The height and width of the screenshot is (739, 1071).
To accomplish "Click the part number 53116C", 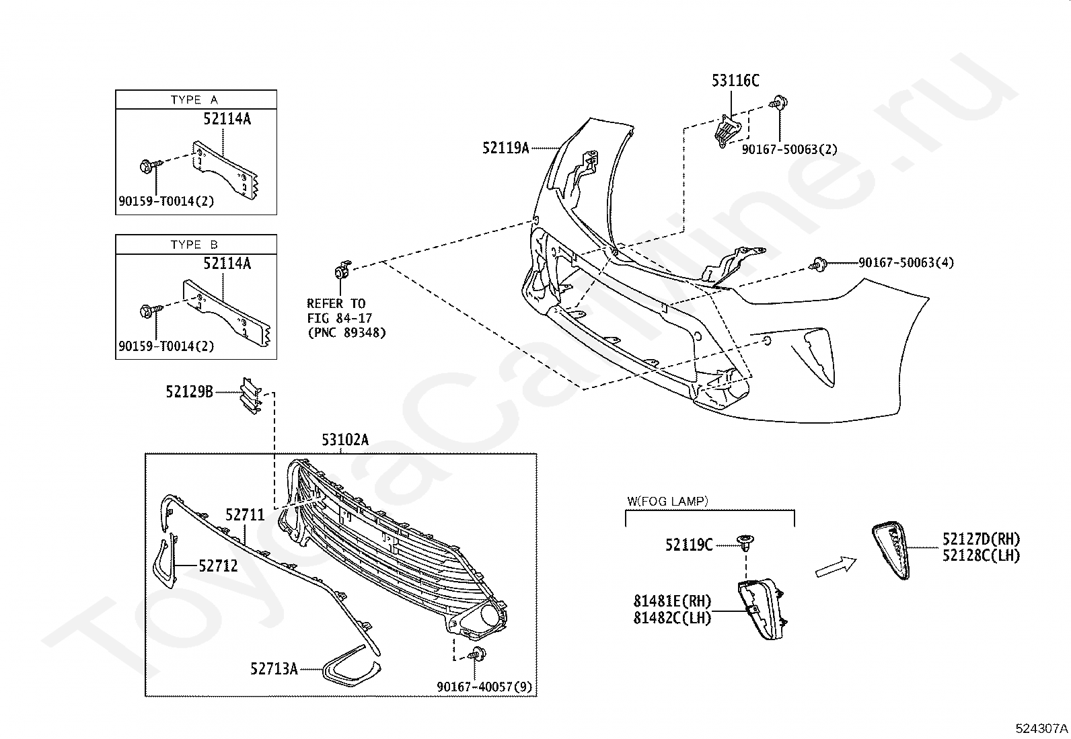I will point(735,81).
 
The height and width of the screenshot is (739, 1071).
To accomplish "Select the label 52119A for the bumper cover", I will point(505,147).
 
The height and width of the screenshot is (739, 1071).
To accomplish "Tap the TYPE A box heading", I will point(194,100).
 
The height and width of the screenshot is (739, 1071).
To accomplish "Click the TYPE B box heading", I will point(194,244).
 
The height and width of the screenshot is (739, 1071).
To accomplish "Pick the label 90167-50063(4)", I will point(906,262).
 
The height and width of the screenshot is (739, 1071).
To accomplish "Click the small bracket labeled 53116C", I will point(727,130).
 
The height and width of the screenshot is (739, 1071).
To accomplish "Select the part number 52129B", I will point(189,391).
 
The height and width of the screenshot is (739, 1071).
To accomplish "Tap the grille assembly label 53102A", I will point(345,440).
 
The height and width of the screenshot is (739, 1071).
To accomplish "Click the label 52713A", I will point(274,668).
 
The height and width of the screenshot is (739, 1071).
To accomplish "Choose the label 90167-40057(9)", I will point(484,687).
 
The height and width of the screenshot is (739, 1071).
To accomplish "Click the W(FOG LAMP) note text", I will point(667,501).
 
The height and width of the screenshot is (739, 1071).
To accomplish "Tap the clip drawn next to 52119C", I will point(745,541).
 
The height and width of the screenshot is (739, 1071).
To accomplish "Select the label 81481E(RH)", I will point(671,601).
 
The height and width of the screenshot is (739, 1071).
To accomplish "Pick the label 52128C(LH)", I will point(980,555).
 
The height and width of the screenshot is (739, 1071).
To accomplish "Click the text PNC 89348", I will point(347,332).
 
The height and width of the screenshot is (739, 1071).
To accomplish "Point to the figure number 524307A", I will point(1042,728).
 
